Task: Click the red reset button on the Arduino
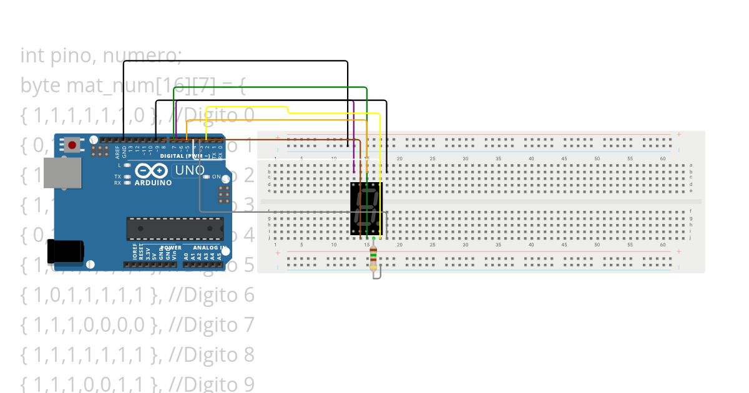click(72, 145)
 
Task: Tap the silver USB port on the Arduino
click(62, 172)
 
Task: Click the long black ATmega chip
click(175, 228)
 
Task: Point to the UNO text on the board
click(190, 170)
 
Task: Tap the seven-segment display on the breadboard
click(366, 209)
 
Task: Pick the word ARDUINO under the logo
click(153, 183)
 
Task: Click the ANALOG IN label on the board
click(208, 248)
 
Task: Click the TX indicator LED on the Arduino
click(127, 177)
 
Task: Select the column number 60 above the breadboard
click(663, 159)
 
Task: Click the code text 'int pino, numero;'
click(101, 56)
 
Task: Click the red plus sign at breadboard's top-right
click(678, 134)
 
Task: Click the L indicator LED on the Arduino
click(127, 165)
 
